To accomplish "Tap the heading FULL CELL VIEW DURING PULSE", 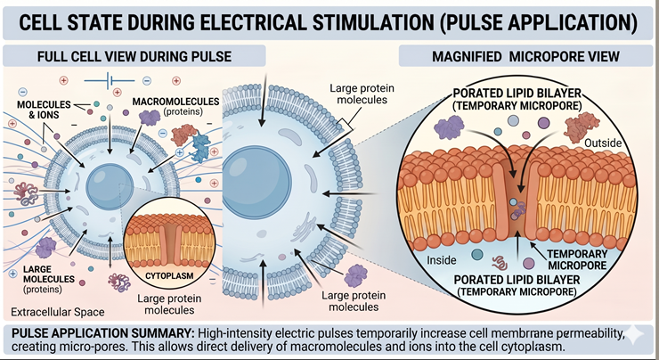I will (134, 56).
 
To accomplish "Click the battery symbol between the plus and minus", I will (112, 79).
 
